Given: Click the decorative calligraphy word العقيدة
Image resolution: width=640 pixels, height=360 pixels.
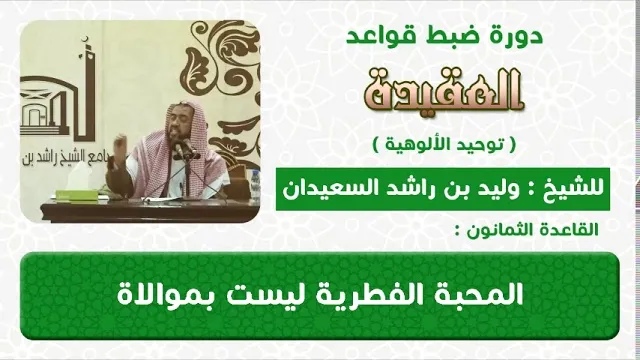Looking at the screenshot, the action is pos(444,91).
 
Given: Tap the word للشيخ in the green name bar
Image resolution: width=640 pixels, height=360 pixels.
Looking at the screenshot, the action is pos(578,189).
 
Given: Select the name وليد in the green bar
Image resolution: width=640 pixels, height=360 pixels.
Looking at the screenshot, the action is pos(500,189).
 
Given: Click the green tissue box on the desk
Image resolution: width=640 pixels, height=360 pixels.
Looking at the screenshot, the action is pos(76,195).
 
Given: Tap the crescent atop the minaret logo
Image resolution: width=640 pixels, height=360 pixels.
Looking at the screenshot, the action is pos(85,40).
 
